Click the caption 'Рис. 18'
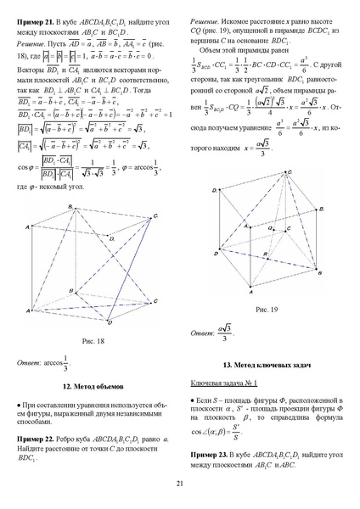click(x=93, y=341)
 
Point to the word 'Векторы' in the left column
click(x=31, y=64)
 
